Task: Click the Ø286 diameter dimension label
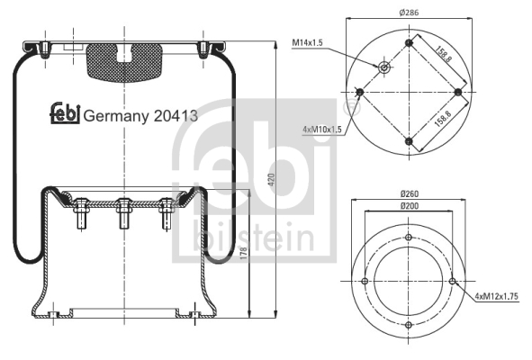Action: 409,13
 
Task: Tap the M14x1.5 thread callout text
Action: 307,43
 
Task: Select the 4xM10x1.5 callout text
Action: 322,130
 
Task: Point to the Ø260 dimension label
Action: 410,194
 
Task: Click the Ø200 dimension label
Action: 410,206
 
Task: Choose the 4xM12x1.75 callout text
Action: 496,296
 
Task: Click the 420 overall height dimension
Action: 272,179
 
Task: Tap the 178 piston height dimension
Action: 243,254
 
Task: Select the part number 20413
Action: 176,116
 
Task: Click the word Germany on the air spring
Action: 116,116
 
